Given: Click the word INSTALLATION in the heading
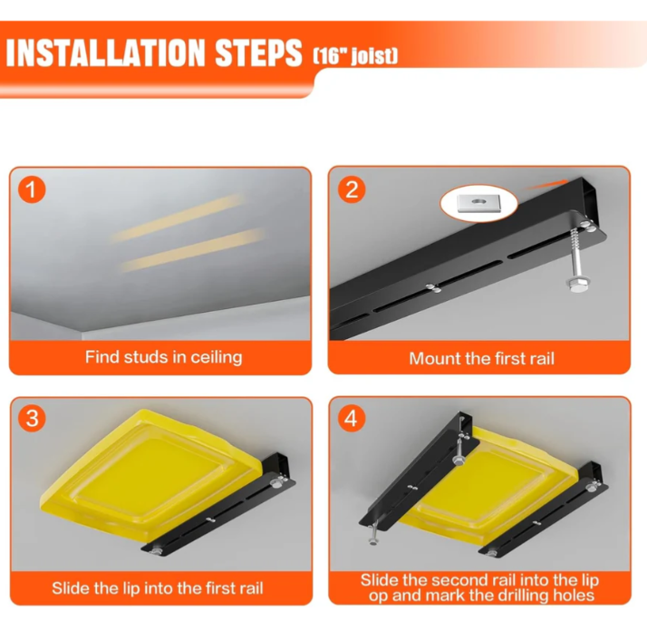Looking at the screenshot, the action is point(105,53).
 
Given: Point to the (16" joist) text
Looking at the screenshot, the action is point(355,56).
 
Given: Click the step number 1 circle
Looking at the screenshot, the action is point(32,189).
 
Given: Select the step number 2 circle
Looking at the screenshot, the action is point(352,189).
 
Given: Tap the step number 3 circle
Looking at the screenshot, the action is point(32,418).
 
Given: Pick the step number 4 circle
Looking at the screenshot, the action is point(352,418).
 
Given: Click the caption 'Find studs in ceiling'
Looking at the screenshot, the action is point(163,357).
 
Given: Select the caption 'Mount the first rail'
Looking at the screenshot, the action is point(481,358).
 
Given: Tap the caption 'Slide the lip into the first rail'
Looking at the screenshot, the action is point(158,588).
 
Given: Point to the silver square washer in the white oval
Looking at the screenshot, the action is point(479,202).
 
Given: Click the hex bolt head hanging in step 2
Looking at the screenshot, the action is point(576,286).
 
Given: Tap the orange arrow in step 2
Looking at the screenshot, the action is point(545,185).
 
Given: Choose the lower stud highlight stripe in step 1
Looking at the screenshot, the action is point(192,250).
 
